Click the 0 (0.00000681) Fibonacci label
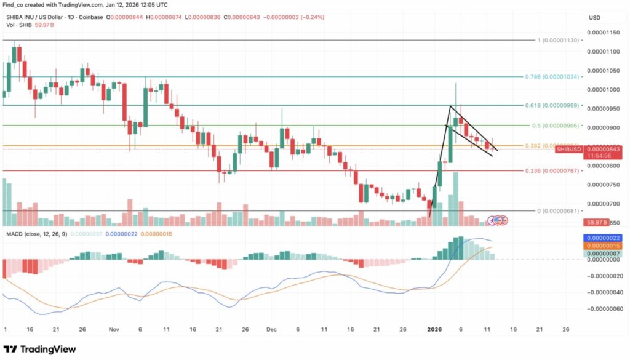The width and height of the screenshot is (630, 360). point(559,210)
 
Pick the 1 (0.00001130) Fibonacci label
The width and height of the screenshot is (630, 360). point(559,40)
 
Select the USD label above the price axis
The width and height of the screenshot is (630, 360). point(594,17)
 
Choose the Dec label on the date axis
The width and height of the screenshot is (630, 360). point(271,329)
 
